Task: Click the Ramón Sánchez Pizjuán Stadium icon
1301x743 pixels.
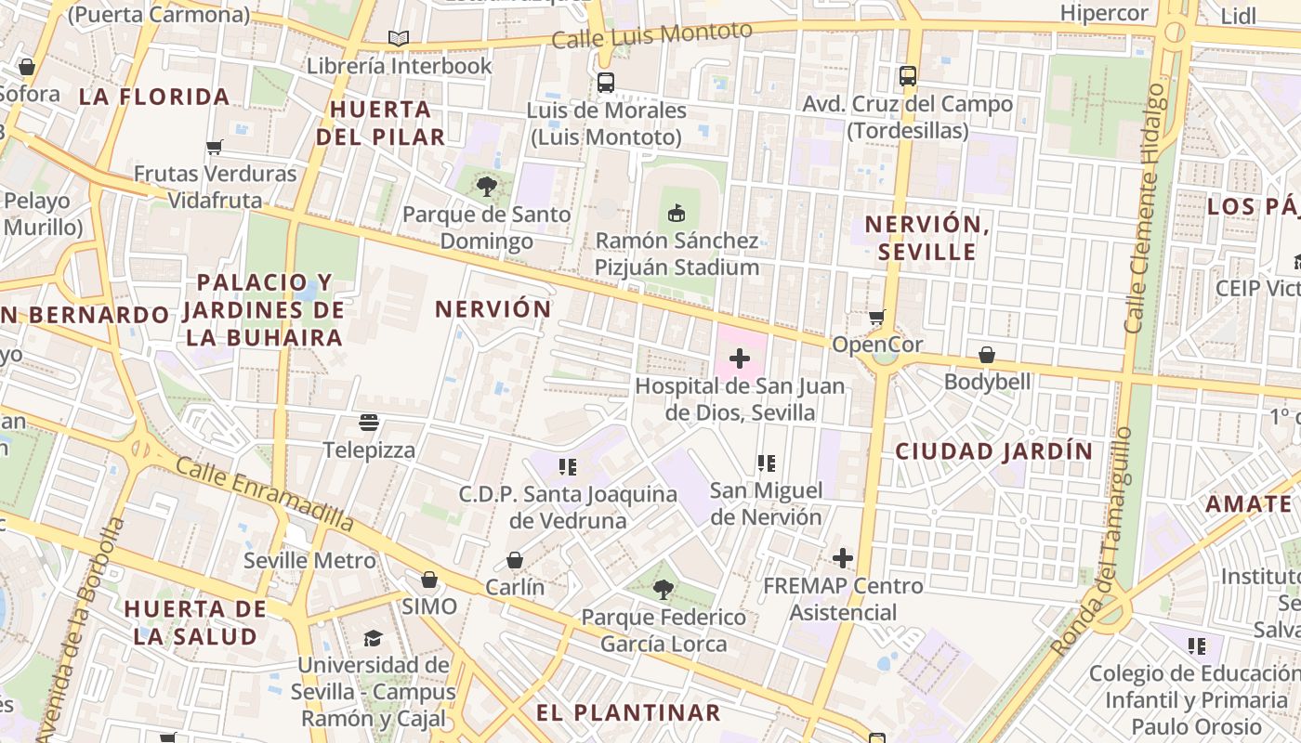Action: pyautogui.click(x=676, y=214)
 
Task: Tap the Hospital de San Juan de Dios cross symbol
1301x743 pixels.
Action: pyautogui.click(x=740, y=358)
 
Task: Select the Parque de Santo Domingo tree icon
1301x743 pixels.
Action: pyautogui.click(x=486, y=187)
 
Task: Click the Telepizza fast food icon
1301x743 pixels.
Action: pyautogui.click(x=369, y=423)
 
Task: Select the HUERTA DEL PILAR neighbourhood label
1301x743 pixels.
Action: pyautogui.click(x=381, y=123)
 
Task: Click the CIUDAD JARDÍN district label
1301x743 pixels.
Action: pyautogui.click(x=994, y=451)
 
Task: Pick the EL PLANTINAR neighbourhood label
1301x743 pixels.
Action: pyautogui.click(x=628, y=712)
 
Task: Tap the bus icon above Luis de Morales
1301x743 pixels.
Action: pyautogui.click(x=606, y=83)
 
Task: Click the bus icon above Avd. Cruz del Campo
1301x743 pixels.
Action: pyautogui.click(x=908, y=76)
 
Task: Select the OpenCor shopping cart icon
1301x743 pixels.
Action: pyautogui.click(x=876, y=318)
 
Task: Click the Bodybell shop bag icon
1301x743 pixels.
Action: pyautogui.click(x=987, y=355)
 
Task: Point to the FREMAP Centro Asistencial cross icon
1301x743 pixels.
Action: pyautogui.click(x=843, y=558)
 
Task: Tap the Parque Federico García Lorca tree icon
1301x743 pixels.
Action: pyautogui.click(x=664, y=589)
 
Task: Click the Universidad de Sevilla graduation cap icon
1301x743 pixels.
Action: pyautogui.click(x=373, y=638)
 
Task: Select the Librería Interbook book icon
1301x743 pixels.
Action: pyautogui.click(x=399, y=38)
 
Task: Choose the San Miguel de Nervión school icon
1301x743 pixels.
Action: pyautogui.click(x=766, y=463)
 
